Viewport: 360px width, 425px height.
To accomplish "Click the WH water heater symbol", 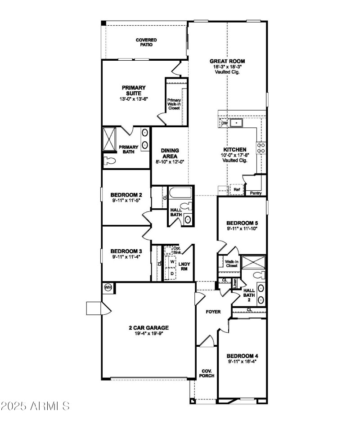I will pos(108,287).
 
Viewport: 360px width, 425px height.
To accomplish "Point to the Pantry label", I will pos(256,193).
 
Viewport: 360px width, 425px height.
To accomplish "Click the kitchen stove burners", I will pos(261,148).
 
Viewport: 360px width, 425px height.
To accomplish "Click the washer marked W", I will pos(172,261).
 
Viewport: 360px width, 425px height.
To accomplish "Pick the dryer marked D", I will pos(172,273).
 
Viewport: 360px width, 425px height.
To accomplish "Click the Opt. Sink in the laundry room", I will pos(170,250).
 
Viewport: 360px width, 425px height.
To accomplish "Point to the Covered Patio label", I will pos(146,42).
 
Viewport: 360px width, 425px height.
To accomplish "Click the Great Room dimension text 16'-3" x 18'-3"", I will pos(228,67).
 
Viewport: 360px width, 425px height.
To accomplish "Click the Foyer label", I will pos(213,312).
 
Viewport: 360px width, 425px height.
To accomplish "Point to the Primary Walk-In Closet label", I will pos(174,104).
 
